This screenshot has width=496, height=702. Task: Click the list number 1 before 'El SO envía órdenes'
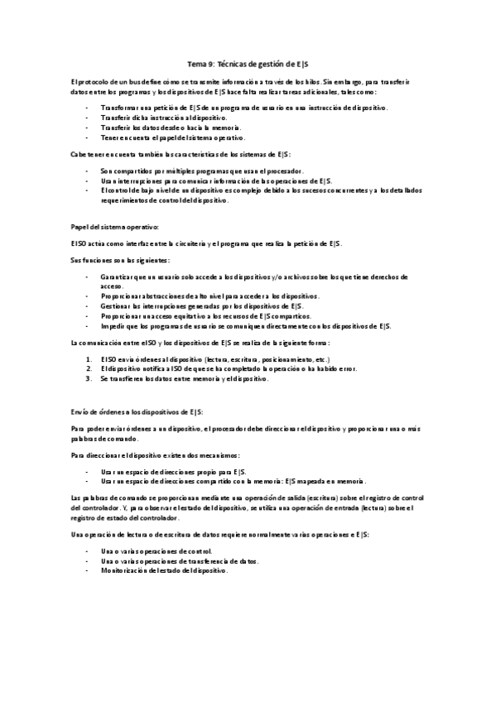coord(88,359)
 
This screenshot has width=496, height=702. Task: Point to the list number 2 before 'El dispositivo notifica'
coord(88,368)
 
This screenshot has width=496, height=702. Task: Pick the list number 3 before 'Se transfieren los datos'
coord(88,377)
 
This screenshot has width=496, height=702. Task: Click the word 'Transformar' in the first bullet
coord(119,108)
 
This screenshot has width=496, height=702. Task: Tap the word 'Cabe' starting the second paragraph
coord(79,155)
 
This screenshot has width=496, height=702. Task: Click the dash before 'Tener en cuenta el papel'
coord(88,137)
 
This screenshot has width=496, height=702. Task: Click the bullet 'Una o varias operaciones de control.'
coord(157,551)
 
